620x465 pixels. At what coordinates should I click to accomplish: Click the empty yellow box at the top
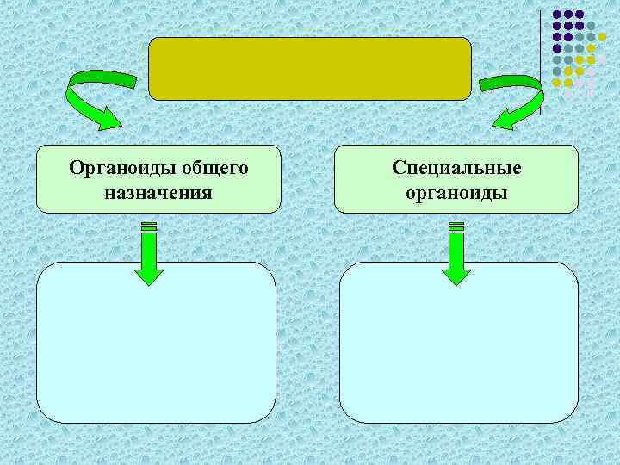[310, 69]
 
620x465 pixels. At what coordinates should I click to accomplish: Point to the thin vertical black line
[542, 60]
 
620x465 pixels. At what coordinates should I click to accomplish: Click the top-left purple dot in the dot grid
[557, 15]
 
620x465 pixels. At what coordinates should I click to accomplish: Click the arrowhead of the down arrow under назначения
[149, 275]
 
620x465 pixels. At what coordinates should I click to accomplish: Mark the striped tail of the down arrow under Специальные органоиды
[456, 227]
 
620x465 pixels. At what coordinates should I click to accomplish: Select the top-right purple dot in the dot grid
[580, 15]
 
